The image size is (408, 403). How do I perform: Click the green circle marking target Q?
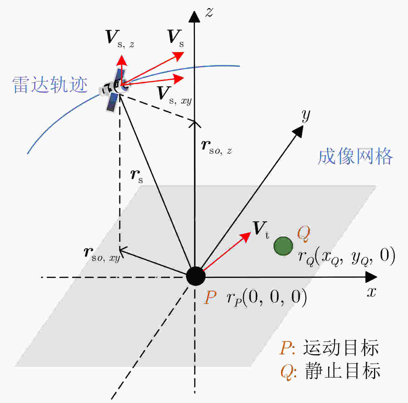click(x=283, y=246)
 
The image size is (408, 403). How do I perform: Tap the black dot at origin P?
click(x=196, y=276)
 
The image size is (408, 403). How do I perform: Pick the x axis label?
click(x=371, y=292)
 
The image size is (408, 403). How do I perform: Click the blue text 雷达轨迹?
click(x=50, y=85)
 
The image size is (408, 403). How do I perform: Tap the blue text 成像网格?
click(x=355, y=156)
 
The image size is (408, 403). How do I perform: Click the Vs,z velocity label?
click(x=120, y=39)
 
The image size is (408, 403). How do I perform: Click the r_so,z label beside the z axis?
click(x=217, y=147)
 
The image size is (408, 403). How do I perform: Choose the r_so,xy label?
click(x=102, y=255)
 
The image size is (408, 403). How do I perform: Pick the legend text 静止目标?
click(x=342, y=370)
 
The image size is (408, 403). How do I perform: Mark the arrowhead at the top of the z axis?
click(x=194, y=17)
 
